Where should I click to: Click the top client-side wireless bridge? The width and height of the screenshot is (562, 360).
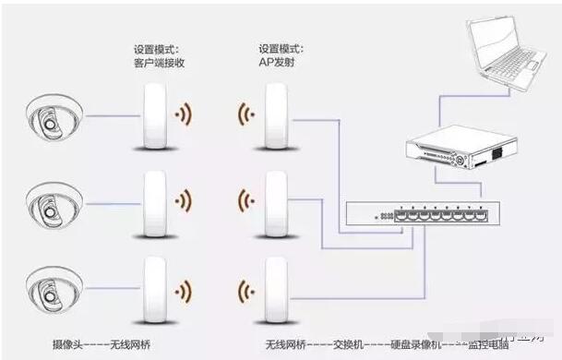coord(153,117)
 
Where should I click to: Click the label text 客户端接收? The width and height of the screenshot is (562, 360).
coord(161,63)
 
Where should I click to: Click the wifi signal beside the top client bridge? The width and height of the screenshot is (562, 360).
coord(185,116)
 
